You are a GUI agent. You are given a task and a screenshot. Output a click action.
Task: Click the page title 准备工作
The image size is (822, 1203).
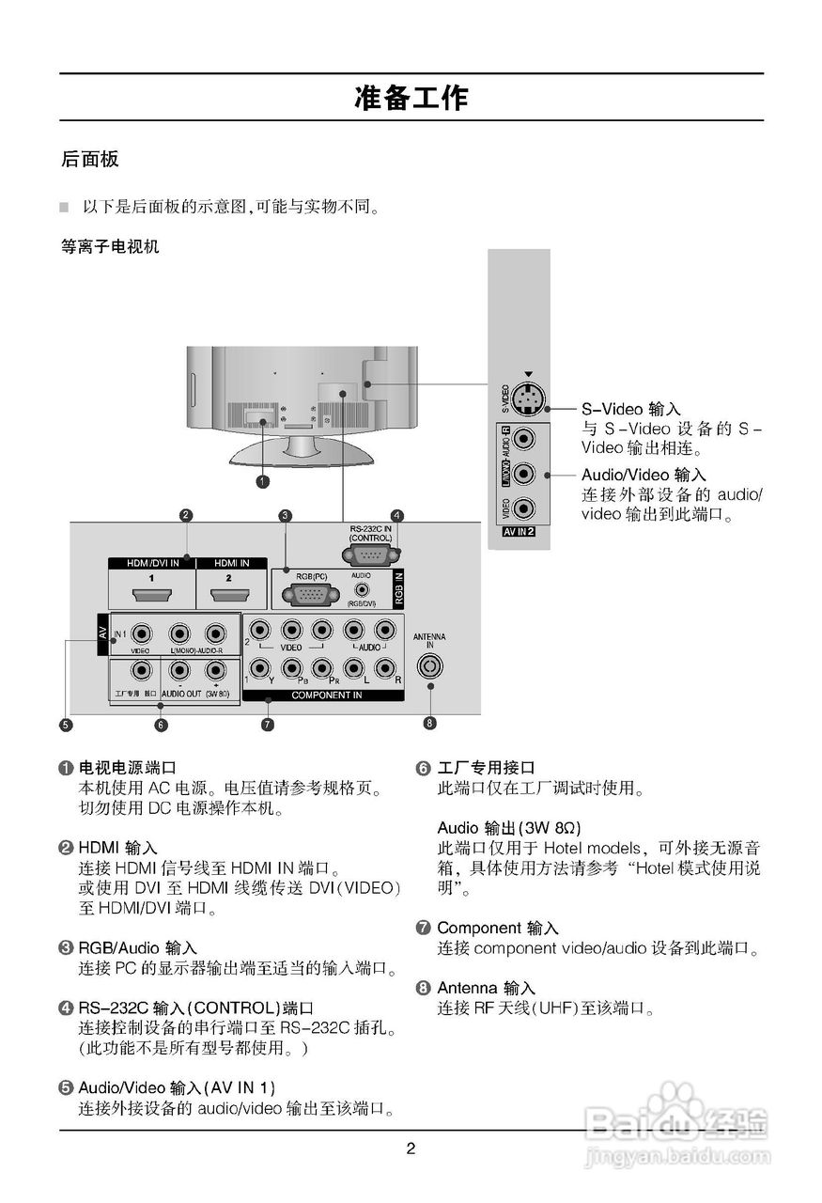pos(411,98)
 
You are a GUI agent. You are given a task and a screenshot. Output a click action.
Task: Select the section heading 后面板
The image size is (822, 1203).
pos(90,159)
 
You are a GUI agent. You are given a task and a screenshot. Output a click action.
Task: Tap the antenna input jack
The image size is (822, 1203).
pos(430,666)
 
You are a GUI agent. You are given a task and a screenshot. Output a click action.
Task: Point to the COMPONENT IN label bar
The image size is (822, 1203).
pos(325,695)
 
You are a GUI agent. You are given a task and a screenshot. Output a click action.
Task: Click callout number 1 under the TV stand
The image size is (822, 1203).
pos(263,481)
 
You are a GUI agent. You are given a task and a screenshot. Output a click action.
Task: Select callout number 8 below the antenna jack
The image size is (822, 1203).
pos(430,723)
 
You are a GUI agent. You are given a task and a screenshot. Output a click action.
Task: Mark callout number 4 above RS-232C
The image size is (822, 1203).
pos(397,515)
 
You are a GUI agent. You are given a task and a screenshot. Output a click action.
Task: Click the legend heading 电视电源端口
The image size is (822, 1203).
pos(127,768)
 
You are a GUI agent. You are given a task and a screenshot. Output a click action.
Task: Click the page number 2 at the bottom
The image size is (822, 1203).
pos(411,1148)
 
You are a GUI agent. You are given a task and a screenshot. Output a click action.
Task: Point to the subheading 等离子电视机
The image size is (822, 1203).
pos(110,247)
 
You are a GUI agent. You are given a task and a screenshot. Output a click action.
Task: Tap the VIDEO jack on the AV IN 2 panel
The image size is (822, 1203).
pos(527,509)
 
